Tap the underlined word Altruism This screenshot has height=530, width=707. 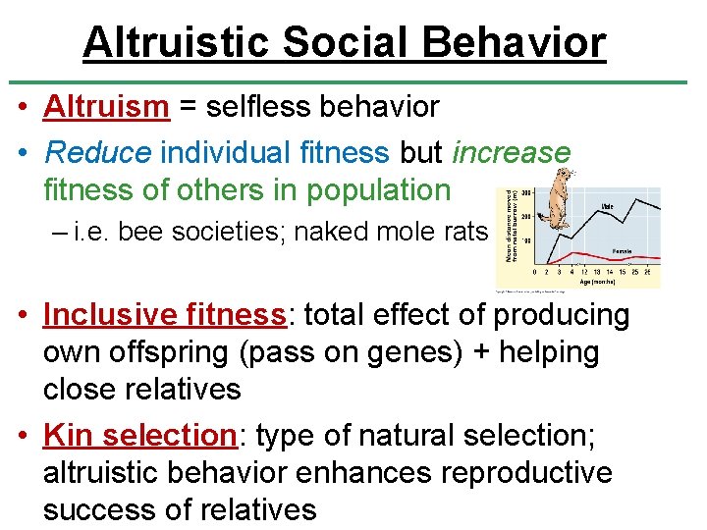[106, 107]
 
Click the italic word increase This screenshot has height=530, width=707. [511, 153]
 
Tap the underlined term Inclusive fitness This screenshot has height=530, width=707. [164, 314]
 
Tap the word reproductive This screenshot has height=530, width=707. [526, 472]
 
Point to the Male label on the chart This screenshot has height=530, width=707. [608, 207]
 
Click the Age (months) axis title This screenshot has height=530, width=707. [596, 282]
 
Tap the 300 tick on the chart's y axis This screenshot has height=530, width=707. [526, 193]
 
